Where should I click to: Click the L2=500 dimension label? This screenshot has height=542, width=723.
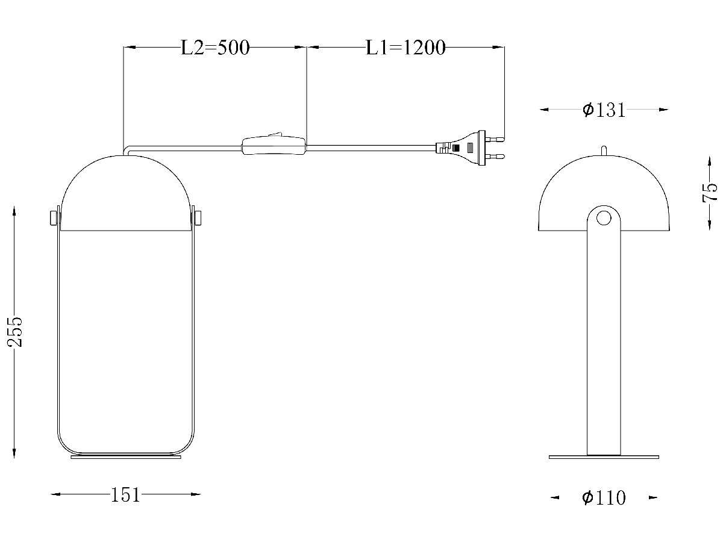pyautogui.click(x=215, y=48)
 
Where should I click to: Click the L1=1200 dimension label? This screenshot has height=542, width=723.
pyautogui.click(x=405, y=48)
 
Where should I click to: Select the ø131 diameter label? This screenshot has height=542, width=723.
pyautogui.click(x=604, y=110)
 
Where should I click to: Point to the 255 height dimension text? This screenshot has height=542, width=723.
pyautogui.click(x=14, y=331)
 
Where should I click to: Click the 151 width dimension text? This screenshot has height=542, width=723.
pyautogui.click(x=125, y=495)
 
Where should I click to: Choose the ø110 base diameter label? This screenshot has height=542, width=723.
pyautogui.click(x=604, y=498)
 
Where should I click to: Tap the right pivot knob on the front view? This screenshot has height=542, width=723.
pyautogui.click(x=197, y=217)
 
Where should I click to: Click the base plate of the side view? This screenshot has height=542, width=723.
pyautogui.click(x=604, y=457)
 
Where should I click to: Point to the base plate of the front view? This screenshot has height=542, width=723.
pyautogui.click(x=125, y=457)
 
